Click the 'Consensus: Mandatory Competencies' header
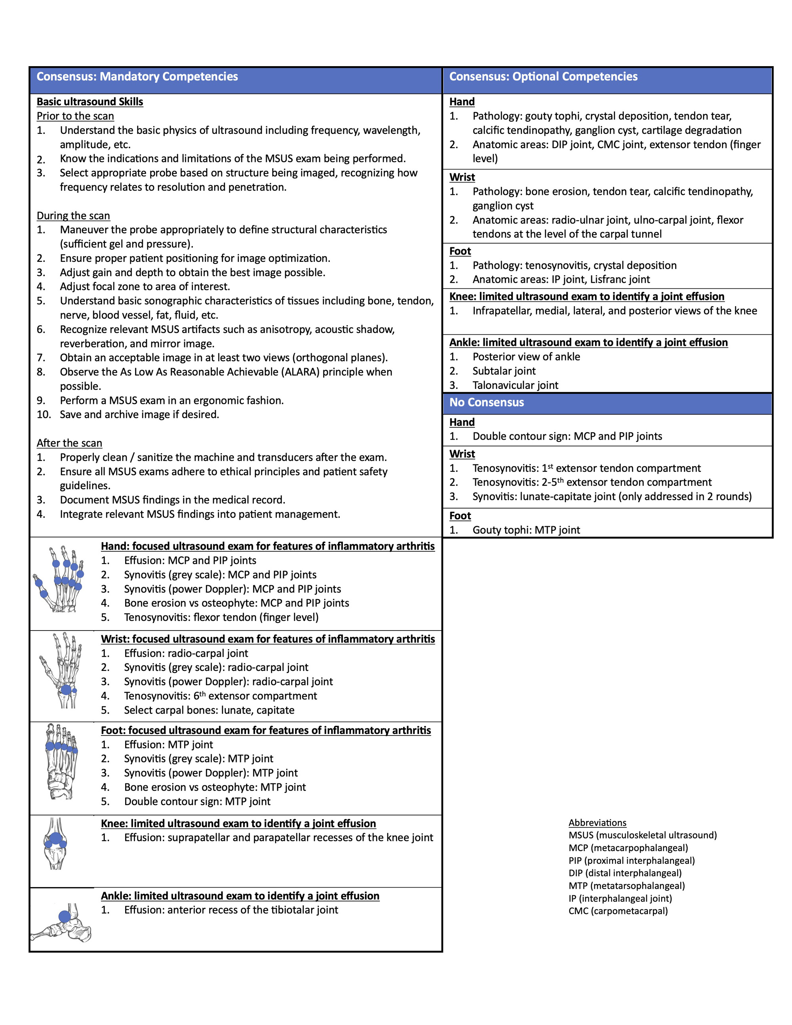pyautogui.click(x=137, y=76)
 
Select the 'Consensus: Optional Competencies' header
pyautogui.click(x=543, y=76)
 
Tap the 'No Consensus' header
pyautogui.click(x=487, y=402)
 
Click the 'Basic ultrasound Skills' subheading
pyautogui.click(x=89, y=102)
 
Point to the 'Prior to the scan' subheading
pyautogui.click(x=75, y=116)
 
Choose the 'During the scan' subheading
pyautogui.click(x=73, y=215)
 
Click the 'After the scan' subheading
pyautogui.click(x=69, y=443)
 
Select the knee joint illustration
pyautogui.click(x=55, y=843)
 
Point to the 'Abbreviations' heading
pyautogui.click(x=597, y=823)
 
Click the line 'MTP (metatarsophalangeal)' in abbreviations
pyautogui.click(x=626, y=886)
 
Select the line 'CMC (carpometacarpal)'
pyautogui.click(x=618, y=911)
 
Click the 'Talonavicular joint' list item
pyautogui.click(x=515, y=385)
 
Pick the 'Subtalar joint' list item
pyautogui.click(x=504, y=371)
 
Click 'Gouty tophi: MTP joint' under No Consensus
pyautogui.click(x=526, y=530)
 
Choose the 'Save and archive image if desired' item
pyautogui.click(x=139, y=414)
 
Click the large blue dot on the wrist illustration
pyautogui.click(x=66, y=690)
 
